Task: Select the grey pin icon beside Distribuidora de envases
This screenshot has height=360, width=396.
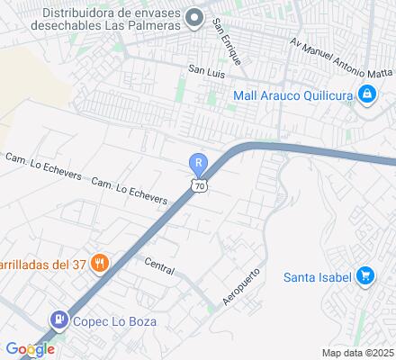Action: click(x=193, y=18)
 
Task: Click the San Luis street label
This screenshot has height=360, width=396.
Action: click(x=204, y=68)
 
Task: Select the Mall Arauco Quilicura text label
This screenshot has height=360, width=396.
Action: click(x=292, y=94)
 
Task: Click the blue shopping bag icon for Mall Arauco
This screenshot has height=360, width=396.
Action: click(x=367, y=94)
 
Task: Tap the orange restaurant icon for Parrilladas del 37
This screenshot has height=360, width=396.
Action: click(x=101, y=264)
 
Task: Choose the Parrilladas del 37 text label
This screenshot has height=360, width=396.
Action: click(x=42, y=264)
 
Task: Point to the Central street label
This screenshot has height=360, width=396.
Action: click(x=159, y=265)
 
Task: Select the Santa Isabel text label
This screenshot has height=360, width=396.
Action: click(x=316, y=275)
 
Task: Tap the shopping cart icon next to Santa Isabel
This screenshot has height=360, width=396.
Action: click(x=365, y=275)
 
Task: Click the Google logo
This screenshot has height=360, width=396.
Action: click(x=30, y=349)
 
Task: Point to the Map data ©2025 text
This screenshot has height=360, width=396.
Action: click(x=358, y=352)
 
